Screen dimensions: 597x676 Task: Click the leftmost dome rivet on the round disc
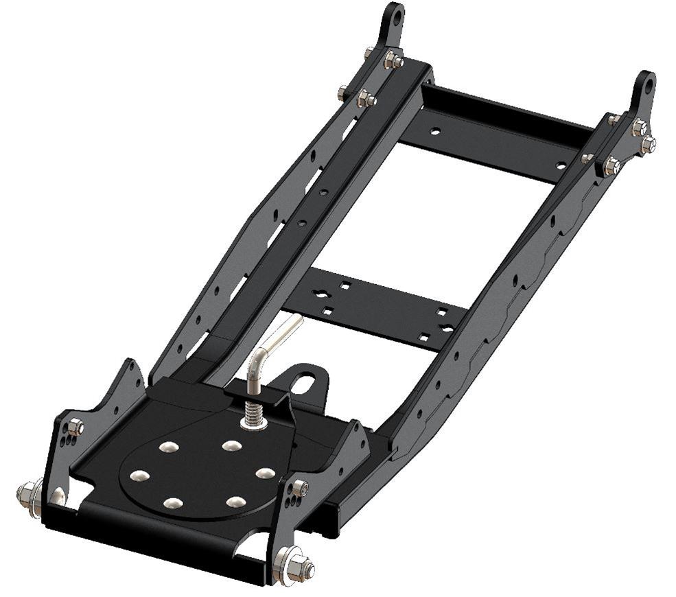click(x=139, y=476)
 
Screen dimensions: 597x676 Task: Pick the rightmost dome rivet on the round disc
click(x=265, y=473)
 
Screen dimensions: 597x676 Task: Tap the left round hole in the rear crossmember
click(x=434, y=130)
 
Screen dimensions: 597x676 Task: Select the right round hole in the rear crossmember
click(x=561, y=165)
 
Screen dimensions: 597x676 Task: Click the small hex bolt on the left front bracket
click(x=76, y=427)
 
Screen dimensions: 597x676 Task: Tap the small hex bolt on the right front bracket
click(x=301, y=488)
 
